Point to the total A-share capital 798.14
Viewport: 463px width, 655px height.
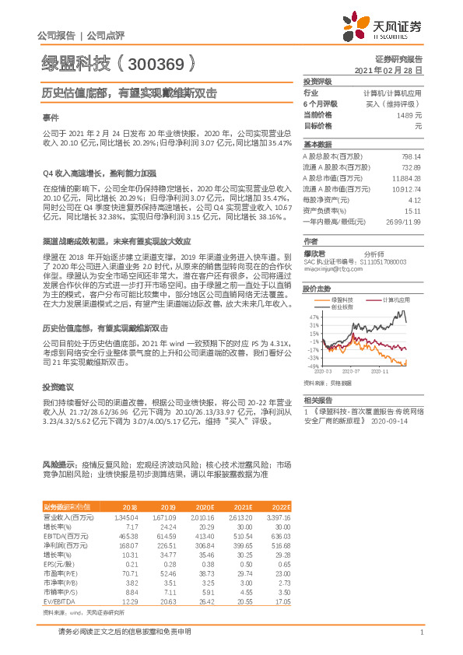click(x=409, y=156)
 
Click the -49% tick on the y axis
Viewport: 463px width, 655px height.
click(x=312, y=366)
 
